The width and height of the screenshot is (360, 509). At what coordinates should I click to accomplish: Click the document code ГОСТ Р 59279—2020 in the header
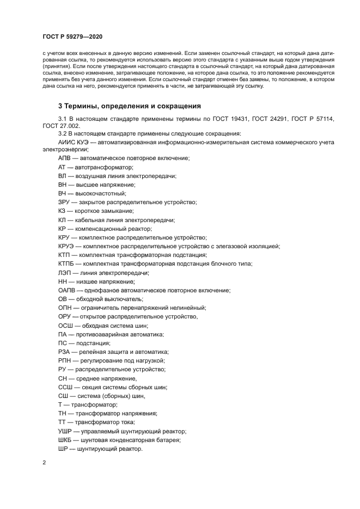pyautogui.click(x=72, y=36)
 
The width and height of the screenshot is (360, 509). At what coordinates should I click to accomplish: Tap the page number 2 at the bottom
pyautogui.click(x=44, y=463)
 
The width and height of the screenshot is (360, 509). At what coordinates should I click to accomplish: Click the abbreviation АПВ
pyautogui.click(x=65, y=158)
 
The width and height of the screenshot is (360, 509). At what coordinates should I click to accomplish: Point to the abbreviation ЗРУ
pyautogui.click(x=65, y=202)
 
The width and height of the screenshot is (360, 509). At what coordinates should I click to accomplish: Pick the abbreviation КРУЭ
pyautogui.click(x=68, y=246)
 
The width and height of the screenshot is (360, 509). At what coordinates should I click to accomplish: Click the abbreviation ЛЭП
pyautogui.click(x=65, y=273)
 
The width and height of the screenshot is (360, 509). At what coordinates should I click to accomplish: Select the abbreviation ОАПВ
pyautogui.click(x=68, y=290)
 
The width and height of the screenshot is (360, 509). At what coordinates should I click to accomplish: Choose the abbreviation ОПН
pyautogui.click(x=65, y=308)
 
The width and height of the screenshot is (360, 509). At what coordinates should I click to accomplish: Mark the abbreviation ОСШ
pyautogui.click(x=66, y=326)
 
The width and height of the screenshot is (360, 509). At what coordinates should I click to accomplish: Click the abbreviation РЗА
pyautogui.click(x=65, y=352)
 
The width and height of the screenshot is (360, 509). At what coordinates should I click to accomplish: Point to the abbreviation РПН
pyautogui.click(x=65, y=361)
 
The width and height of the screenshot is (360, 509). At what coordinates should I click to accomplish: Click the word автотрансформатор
pyautogui.click(x=105, y=167)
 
